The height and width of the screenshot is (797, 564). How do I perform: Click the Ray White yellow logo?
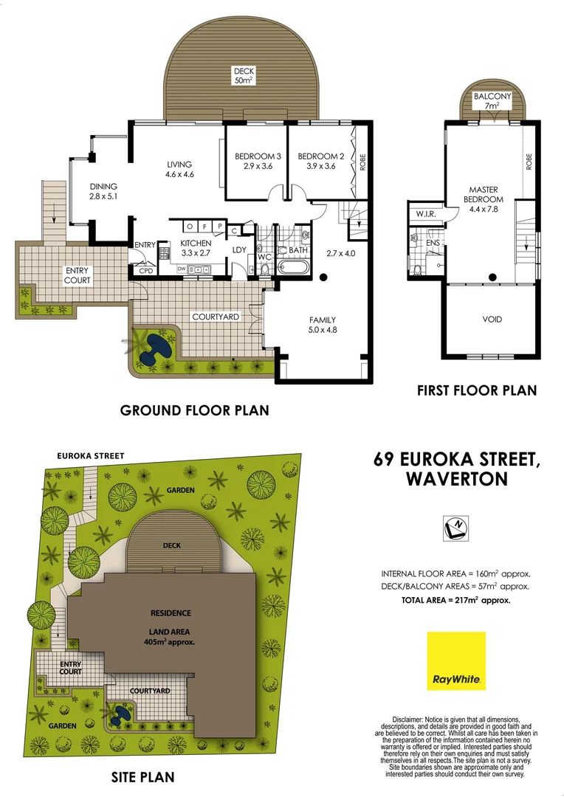[456, 660]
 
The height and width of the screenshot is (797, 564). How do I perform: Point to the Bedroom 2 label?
[321, 161]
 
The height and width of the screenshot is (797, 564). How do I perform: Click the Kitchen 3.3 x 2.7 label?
[196, 248]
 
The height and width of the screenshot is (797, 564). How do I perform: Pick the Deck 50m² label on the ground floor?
[244, 75]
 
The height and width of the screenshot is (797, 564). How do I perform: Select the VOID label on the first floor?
[492, 320]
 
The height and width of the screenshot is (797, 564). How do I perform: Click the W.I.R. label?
[425, 215]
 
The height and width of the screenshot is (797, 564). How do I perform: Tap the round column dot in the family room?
[323, 277]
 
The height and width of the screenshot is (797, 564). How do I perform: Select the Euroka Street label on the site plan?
[91, 456]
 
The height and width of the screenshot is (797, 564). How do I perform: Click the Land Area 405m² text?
[171, 636]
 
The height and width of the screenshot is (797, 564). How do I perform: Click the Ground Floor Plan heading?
[195, 410]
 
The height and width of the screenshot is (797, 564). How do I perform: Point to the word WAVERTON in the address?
[457, 479]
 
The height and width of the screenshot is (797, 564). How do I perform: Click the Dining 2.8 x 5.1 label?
[103, 192]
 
